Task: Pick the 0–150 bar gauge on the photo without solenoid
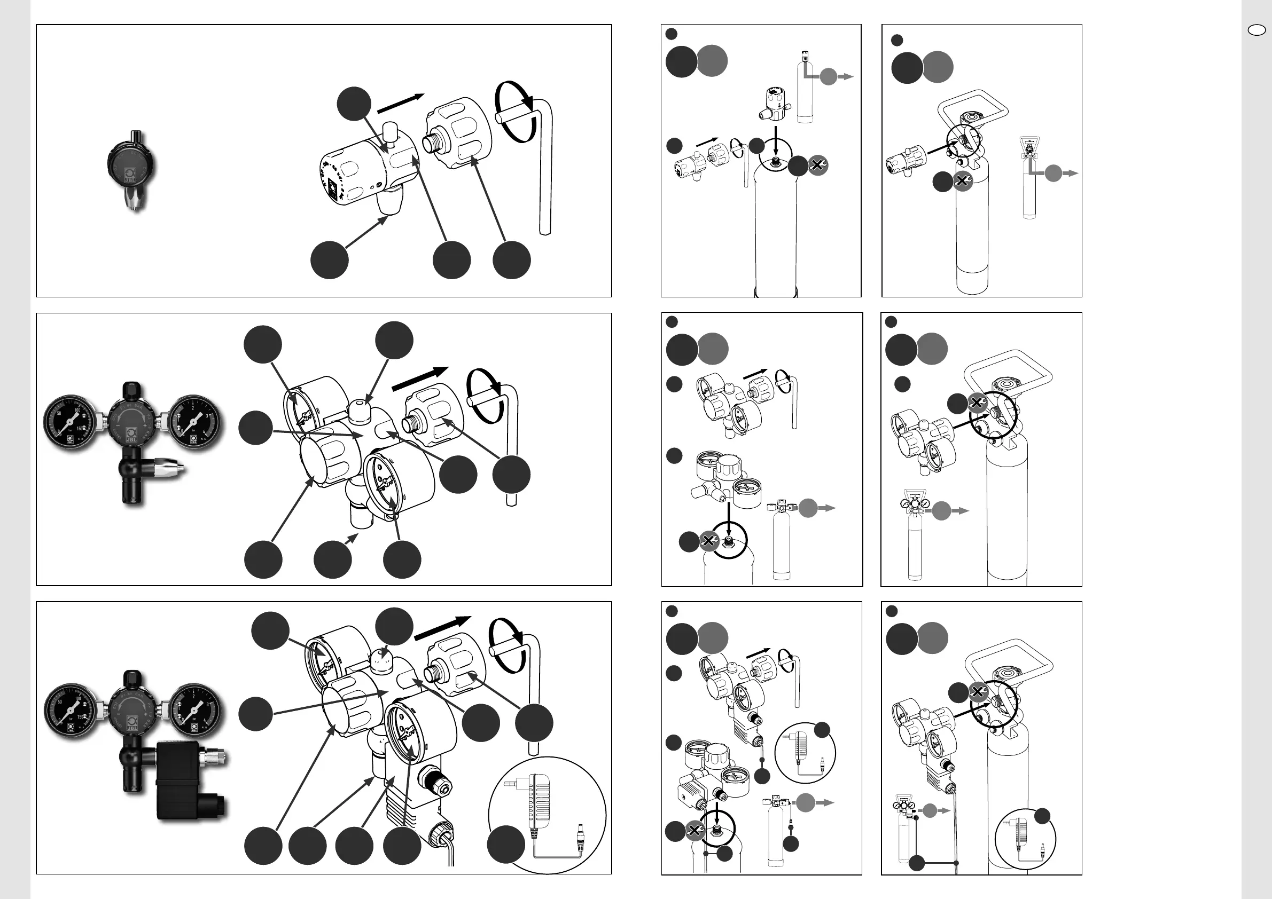click(71, 423)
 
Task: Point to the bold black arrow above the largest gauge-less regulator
click(400, 104)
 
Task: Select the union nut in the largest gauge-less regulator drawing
click(459, 134)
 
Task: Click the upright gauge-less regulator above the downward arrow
click(774, 103)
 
